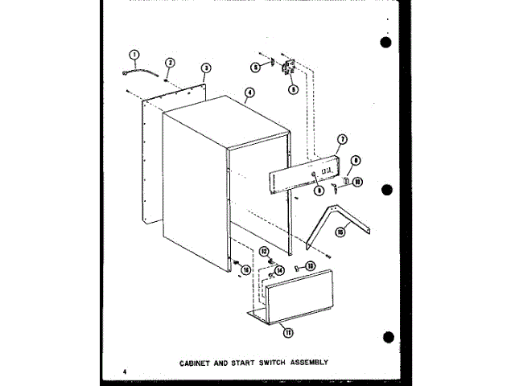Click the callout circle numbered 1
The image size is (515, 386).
134,55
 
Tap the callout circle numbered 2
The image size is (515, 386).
171,63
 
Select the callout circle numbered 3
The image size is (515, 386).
206,68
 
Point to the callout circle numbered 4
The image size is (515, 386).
250,92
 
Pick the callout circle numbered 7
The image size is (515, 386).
341,140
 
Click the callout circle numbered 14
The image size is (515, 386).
280,271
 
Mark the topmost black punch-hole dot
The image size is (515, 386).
386,43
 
